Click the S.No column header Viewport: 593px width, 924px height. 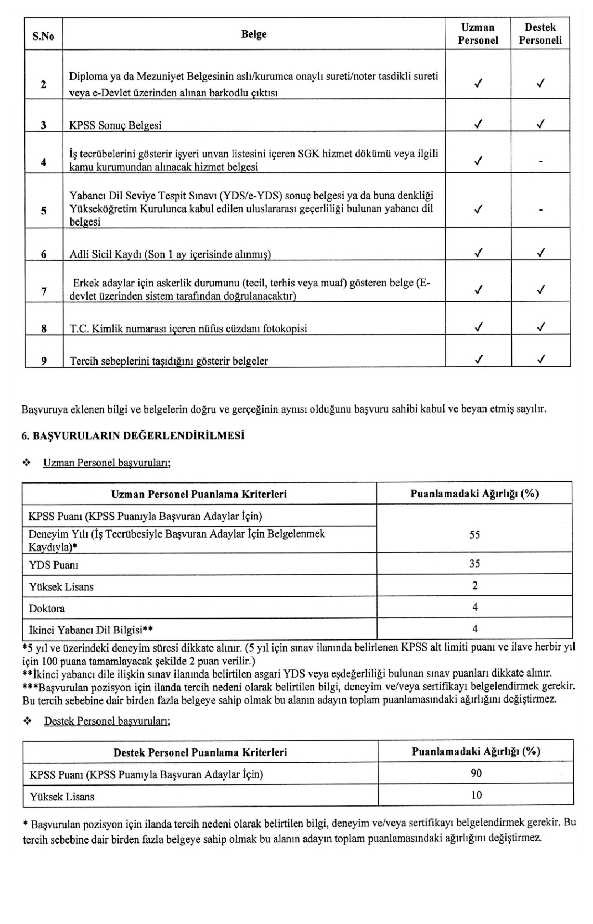click(43, 35)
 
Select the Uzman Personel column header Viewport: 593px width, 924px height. click(477, 34)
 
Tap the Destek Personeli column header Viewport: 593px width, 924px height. click(540, 34)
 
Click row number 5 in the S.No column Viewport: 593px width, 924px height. click(44, 210)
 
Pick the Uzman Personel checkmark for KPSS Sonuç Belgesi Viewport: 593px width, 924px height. click(478, 124)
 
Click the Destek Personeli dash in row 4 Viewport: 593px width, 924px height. click(541, 162)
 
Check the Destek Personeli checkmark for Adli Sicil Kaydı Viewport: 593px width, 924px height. click(541, 252)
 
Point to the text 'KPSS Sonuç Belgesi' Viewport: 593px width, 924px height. click(116, 125)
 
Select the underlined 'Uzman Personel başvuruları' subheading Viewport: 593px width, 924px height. click(107, 462)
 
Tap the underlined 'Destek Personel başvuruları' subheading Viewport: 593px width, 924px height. click(107, 721)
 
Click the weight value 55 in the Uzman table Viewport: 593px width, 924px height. click(475, 535)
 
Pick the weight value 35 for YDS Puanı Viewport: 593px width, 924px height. click(475, 564)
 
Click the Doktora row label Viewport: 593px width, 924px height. click(47, 608)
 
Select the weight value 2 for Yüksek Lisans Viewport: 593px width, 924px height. click(475, 586)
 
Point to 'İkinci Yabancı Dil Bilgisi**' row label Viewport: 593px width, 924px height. click(91, 629)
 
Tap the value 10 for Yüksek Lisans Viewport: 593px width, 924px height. click(476, 795)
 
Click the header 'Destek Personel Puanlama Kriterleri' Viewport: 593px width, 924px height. click(200, 752)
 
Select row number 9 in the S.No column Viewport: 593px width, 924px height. click(44, 360)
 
